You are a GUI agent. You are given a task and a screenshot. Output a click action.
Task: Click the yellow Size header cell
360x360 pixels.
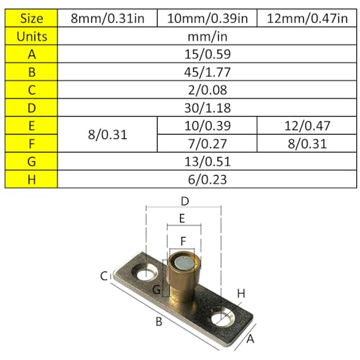tap(31, 18)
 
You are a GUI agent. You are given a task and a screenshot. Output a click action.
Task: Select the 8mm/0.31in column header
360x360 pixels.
tap(106, 18)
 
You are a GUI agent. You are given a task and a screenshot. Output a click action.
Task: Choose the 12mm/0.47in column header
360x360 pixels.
tap(305, 18)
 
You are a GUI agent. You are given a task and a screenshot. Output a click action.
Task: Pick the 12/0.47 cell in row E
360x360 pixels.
tap(305, 125)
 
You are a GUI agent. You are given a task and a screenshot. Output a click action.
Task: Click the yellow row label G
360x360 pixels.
tap(31, 161)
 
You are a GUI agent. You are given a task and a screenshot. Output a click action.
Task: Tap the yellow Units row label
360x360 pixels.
tap(31, 35)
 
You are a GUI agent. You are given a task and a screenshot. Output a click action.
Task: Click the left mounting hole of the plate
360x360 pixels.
tap(147, 273)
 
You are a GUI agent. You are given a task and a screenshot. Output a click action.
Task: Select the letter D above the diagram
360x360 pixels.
tap(184, 201)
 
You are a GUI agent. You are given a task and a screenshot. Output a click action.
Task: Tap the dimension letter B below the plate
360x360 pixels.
tap(159, 322)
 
